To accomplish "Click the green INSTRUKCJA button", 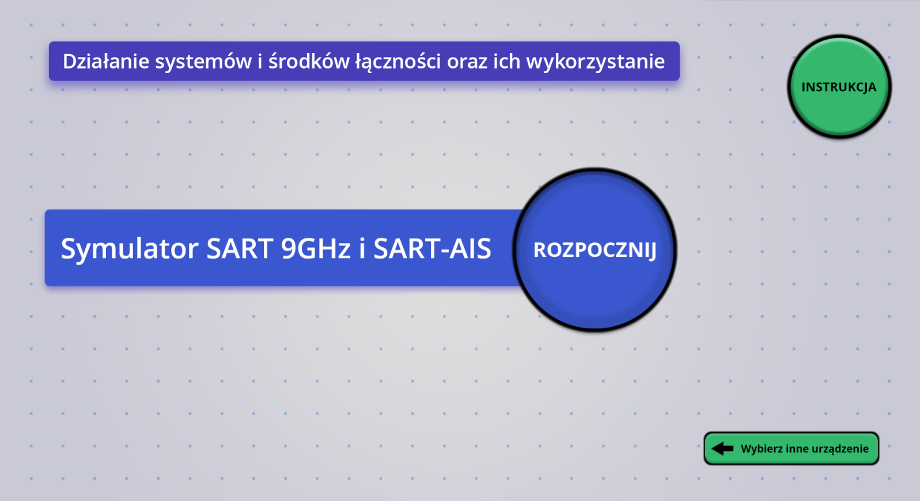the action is [x=839, y=86].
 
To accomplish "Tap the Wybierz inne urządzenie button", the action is [x=792, y=449].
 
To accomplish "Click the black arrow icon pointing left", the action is [x=722, y=449].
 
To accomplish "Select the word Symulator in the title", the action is [x=130, y=249].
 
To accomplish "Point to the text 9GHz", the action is [x=316, y=248].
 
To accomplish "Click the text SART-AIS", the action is [x=433, y=248].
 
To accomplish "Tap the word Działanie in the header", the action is [x=105, y=62].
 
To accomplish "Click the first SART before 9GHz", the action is [x=240, y=248].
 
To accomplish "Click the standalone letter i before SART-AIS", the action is [x=362, y=248].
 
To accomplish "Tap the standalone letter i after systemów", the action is [x=260, y=62].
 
